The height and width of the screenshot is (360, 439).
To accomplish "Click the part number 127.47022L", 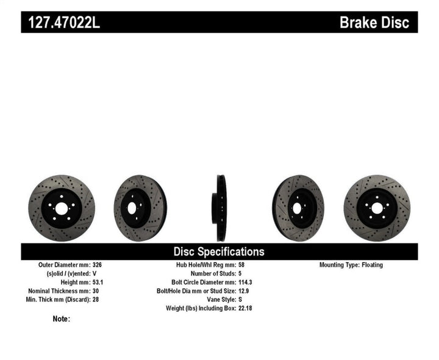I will [60, 23].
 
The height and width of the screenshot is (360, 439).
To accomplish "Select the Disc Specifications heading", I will [219, 251].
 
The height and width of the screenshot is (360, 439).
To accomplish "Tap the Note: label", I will [62, 319].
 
